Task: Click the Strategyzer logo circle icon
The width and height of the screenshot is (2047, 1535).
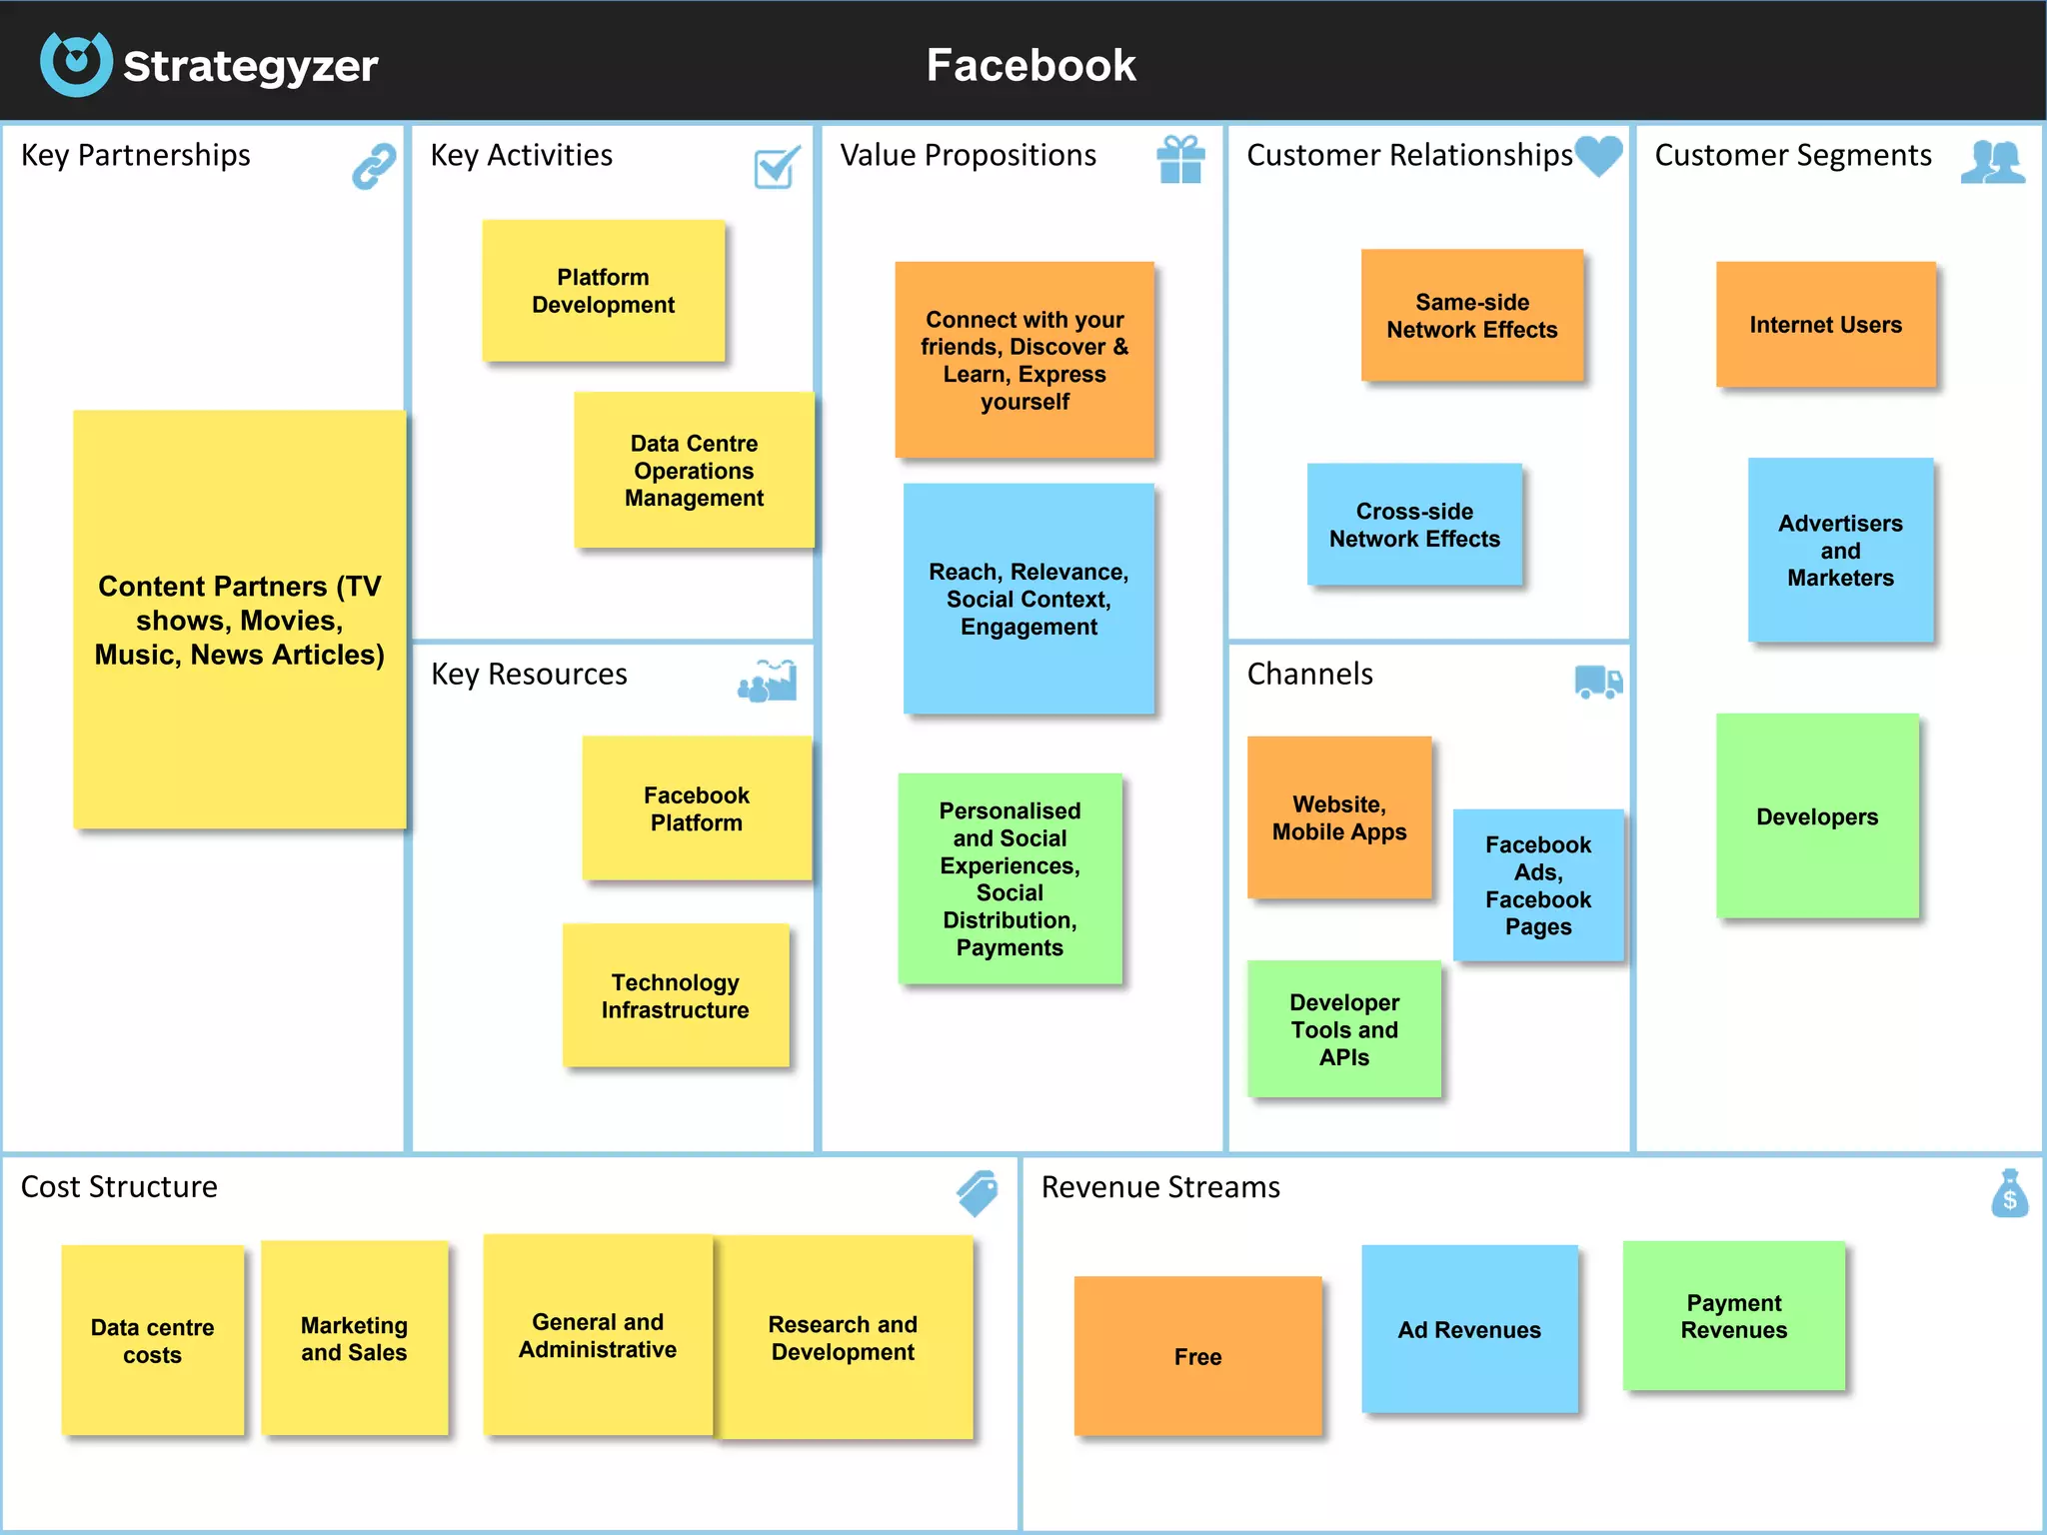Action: (76, 64)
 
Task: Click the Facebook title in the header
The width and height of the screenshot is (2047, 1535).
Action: (1030, 65)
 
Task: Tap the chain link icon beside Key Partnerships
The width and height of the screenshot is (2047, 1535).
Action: (374, 166)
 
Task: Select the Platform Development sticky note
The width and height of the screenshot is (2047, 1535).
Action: (603, 291)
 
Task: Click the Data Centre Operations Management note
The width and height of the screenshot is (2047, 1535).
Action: (694, 470)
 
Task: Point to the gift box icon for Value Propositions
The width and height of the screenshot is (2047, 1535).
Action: (1180, 160)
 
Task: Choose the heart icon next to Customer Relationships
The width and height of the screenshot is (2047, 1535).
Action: (1598, 156)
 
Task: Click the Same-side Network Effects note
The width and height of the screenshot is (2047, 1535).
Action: (1471, 316)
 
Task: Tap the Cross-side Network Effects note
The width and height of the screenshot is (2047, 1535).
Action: (1414, 525)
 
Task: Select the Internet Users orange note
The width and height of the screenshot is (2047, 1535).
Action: (1825, 325)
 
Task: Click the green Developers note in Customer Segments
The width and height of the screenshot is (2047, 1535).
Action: (1816, 816)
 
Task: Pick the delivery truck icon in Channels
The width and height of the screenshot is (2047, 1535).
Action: (1598, 682)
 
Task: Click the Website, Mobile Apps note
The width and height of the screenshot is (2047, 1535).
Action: (1338, 817)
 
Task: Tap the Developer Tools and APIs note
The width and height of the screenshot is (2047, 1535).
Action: (1343, 1029)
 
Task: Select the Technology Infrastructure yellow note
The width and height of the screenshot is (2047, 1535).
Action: (675, 995)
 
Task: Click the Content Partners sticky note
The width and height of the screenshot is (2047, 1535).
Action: (239, 620)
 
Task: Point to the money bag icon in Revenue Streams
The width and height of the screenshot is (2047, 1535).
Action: (2009, 1193)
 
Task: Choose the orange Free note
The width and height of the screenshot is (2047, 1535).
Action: (1197, 1356)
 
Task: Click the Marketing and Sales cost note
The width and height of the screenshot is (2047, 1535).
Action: (354, 1338)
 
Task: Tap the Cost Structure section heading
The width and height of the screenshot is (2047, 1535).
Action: (119, 1186)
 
